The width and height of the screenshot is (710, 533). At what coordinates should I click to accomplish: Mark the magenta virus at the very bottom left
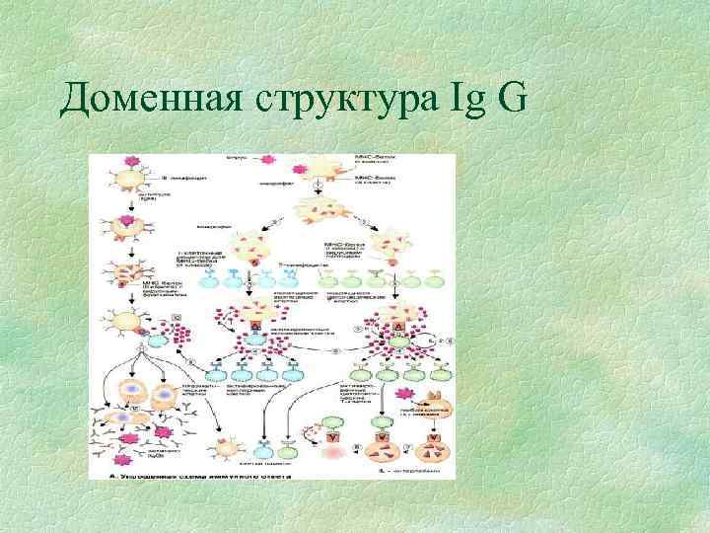[x=124, y=460]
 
